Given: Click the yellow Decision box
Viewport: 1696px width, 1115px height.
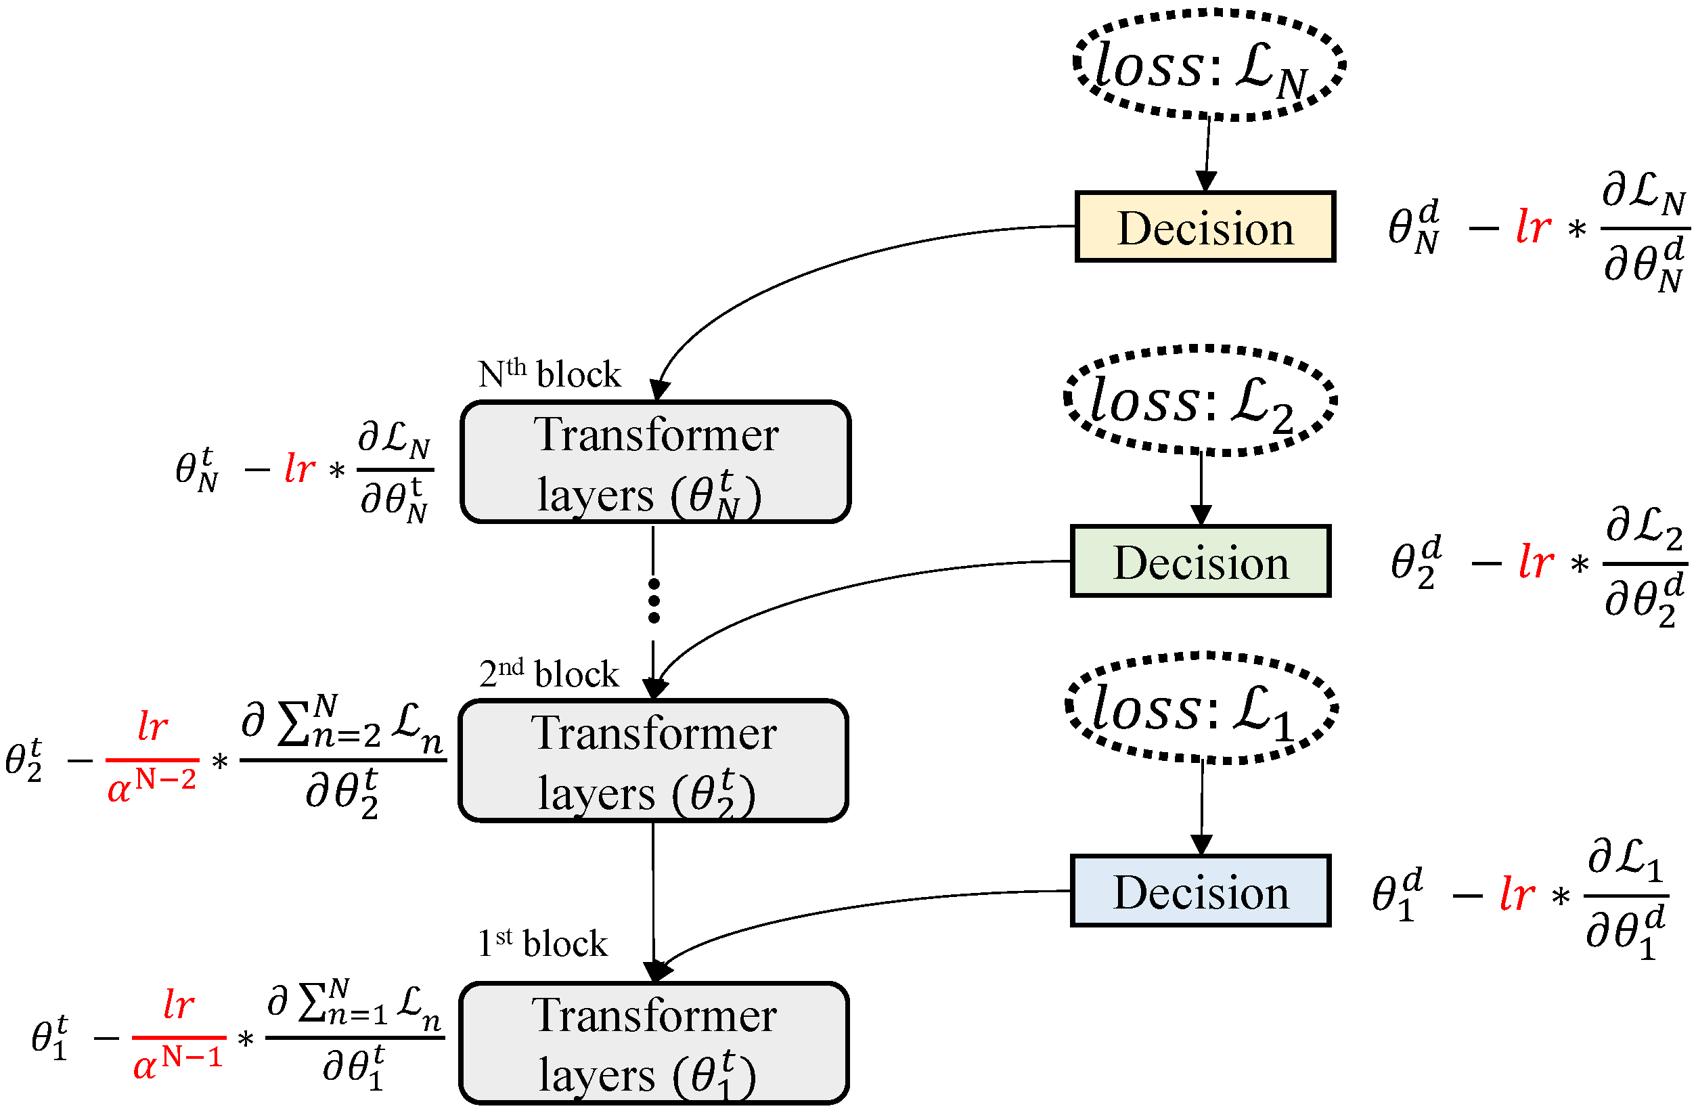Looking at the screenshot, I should [1204, 227].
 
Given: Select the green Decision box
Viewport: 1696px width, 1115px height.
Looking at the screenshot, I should [1200, 561].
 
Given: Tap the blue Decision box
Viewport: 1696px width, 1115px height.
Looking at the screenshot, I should [1200, 890].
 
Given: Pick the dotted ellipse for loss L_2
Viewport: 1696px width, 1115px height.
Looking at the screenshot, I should [1200, 401].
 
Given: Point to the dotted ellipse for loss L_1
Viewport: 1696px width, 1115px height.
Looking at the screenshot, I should [1201, 708].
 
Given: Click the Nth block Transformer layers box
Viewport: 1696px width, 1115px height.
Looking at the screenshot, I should [656, 462].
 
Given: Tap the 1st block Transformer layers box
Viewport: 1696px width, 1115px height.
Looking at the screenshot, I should [654, 1043].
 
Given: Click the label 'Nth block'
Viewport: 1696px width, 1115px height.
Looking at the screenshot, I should [550, 374].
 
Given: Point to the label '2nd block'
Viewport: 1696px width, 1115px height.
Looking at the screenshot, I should [549, 673].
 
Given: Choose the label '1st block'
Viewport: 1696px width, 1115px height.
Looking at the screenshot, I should [542, 942].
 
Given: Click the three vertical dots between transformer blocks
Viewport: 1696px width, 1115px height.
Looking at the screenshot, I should [654, 601].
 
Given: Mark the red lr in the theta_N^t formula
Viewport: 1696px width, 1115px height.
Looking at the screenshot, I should [299, 468].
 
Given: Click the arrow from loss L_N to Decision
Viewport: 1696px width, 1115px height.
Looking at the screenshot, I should [1207, 153].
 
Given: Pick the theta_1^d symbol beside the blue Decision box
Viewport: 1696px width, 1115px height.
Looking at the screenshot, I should [1396, 893].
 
